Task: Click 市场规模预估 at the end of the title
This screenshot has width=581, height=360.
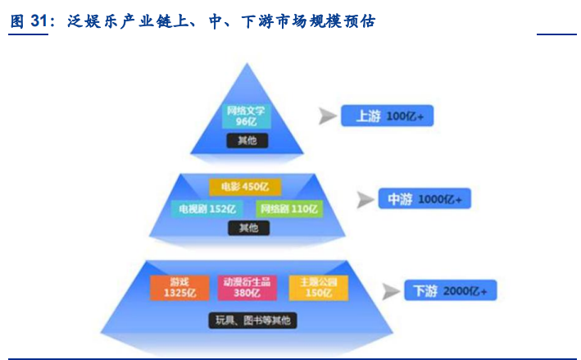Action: (x=333, y=22)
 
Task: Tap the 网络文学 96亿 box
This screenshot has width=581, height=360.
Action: (x=247, y=116)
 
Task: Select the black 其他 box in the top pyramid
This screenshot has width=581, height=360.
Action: (x=247, y=140)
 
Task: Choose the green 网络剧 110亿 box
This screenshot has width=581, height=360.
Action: (x=288, y=208)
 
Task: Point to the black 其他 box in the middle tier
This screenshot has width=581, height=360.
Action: (x=248, y=228)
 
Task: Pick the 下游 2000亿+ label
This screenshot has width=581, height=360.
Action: (x=450, y=291)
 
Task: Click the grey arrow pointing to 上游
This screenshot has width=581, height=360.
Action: (x=328, y=116)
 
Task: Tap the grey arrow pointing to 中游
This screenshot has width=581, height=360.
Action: (x=365, y=199)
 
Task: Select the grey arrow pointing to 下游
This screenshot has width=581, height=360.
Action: (x=391, y=291)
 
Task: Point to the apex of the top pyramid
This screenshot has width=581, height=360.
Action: (x=247, y=64)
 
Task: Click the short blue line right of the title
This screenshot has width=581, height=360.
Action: (x=556, y=34)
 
